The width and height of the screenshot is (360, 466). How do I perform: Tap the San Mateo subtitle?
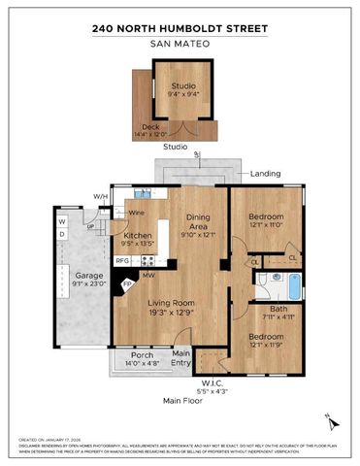pos(180,44)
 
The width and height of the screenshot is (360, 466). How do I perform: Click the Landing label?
pos(265,173)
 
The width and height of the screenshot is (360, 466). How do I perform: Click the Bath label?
pos(279,310)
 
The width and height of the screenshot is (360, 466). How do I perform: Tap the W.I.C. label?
pos(212,383)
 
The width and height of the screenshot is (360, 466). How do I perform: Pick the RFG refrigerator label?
pos(123,261)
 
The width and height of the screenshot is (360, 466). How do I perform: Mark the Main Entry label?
pos(181,359)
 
